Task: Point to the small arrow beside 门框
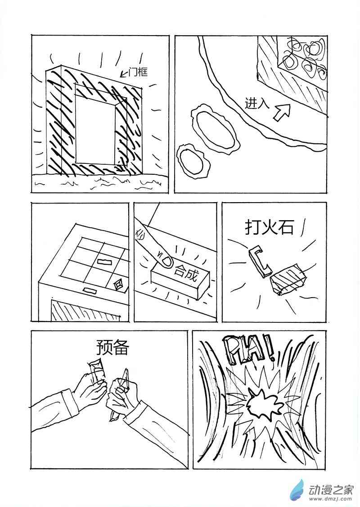123,74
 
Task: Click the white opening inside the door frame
95,128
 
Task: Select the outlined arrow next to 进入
282,112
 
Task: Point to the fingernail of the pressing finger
167,261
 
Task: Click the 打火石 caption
269,228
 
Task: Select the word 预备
112,347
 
